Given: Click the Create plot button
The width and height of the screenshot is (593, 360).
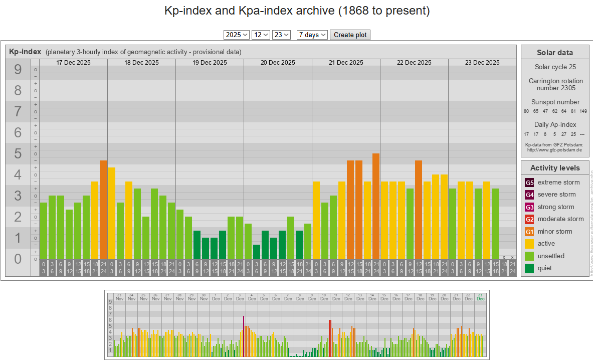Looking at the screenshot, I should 350,35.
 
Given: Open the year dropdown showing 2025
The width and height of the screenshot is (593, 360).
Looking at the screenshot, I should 237,35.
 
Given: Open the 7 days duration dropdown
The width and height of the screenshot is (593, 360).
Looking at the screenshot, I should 312,35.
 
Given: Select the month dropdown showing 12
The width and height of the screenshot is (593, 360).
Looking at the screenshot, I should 261,35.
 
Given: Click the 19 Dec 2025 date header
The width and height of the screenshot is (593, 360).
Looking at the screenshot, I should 210,63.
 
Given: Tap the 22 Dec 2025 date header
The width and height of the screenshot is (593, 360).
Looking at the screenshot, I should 414,63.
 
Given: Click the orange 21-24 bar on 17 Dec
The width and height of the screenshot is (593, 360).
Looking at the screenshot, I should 103,210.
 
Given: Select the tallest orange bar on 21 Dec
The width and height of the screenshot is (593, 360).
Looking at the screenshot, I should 376,206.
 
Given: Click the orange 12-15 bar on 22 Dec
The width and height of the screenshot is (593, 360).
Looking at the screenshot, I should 419,210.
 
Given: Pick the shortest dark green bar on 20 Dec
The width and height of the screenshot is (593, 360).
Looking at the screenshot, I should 257,252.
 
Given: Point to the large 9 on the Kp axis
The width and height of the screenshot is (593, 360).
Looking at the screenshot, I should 18,70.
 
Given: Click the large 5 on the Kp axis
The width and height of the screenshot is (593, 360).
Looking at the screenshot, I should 18,154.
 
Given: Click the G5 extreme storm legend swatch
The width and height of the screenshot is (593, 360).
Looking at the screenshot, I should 529,183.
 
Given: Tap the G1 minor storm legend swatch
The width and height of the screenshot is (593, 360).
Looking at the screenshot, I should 529,232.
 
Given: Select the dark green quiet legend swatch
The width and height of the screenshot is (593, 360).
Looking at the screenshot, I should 529,268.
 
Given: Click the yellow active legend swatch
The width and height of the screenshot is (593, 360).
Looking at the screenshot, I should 529,244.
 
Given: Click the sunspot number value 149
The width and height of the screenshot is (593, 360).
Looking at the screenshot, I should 583,111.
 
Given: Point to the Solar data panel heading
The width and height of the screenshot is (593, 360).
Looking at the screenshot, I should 554,53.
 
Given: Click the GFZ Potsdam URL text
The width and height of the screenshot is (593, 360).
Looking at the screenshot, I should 554,149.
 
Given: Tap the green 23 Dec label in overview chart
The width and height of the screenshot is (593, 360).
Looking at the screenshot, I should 481,297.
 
